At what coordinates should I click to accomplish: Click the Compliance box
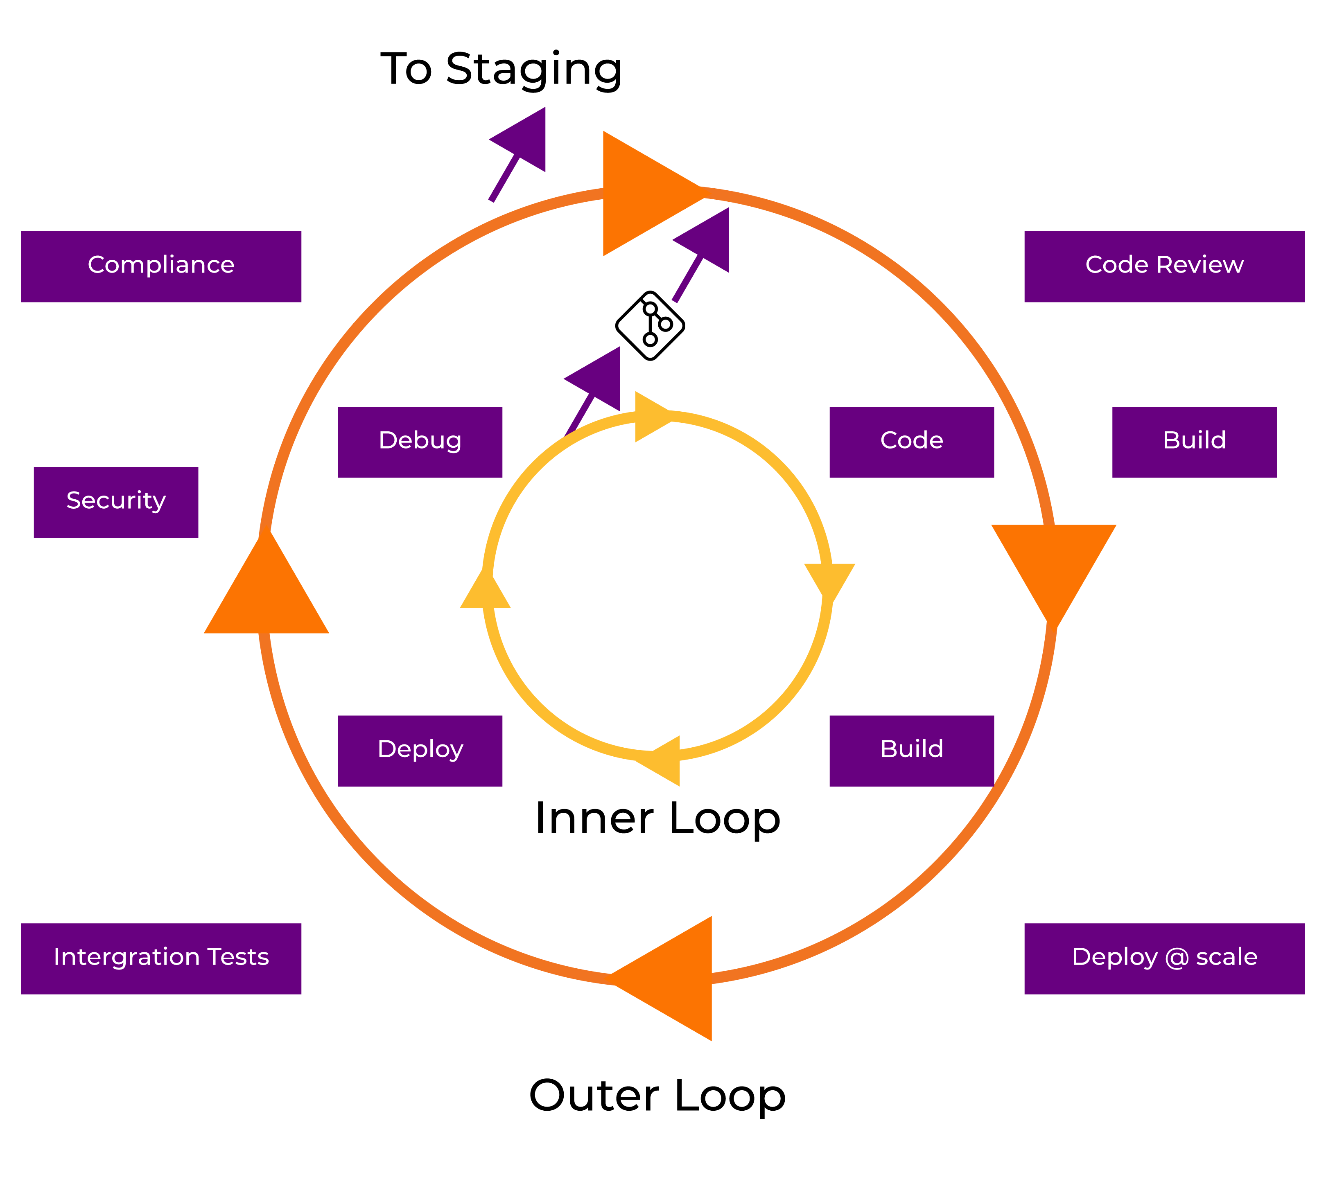click(x=161, y=266)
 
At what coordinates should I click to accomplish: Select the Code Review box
click(x=1164, y=266)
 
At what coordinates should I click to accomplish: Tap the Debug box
click(x=420, y=442)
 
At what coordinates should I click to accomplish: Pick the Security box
click(x=115, y=503)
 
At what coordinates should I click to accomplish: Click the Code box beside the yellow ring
click(x=911, y=442)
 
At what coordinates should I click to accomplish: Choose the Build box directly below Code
click(x=911, y=751)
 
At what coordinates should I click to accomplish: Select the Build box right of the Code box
click(x=1194, y=442)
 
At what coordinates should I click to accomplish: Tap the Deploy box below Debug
click(x=420, y=751)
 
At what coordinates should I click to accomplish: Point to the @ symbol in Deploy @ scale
click(x=1176, y=958)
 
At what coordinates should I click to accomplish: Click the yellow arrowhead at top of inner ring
click(x=649, y=417)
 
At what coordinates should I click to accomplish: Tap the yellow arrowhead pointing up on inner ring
click(x=485, y=592)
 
